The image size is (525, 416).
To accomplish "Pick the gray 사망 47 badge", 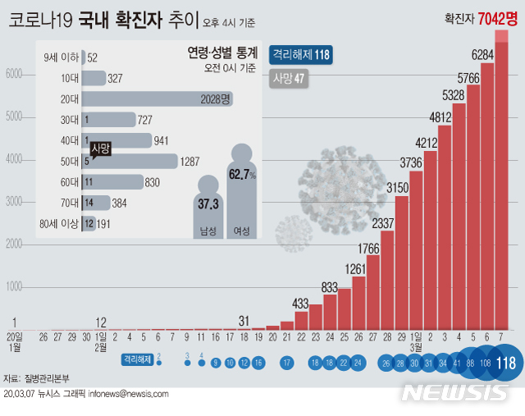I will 288,80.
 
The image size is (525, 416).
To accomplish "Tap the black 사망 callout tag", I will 101,149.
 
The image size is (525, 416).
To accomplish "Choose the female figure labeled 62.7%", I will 243,193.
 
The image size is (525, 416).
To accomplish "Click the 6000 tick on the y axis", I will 12,74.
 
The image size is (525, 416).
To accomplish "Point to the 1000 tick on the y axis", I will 12,287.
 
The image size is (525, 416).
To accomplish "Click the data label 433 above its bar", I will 301,304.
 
